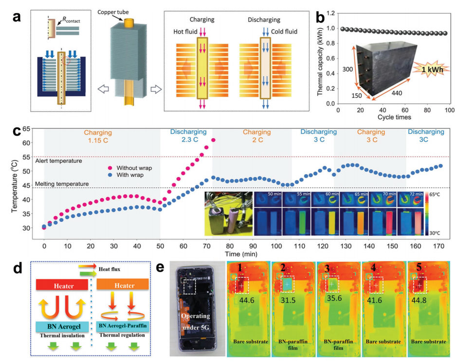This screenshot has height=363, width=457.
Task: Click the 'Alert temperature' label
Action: [59, 160]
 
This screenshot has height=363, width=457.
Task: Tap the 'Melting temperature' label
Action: [62, 184]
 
